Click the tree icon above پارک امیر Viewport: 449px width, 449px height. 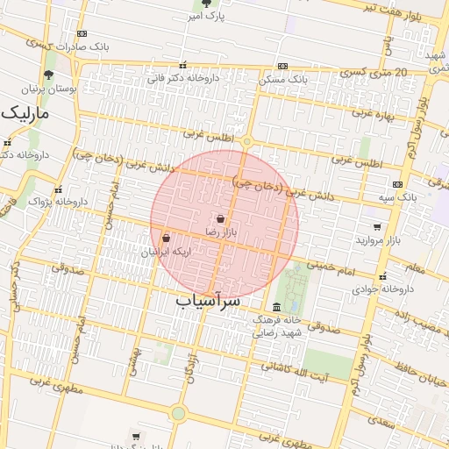coord(206,4)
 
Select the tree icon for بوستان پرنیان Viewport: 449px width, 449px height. coord(48,75)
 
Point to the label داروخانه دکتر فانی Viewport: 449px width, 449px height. coord(182,78)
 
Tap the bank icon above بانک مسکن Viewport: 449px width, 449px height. coord(282,66)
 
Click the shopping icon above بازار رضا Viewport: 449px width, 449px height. coord(220,218)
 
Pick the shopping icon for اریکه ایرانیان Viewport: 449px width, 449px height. coord(166,238)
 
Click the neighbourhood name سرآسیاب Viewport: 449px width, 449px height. coord(208,301)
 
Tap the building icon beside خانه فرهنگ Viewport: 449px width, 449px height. coord(277,307)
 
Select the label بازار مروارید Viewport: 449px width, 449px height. coord(378,239)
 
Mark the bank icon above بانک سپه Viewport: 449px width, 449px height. coord(397,184)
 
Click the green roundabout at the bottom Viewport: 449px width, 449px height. coord(179,412)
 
